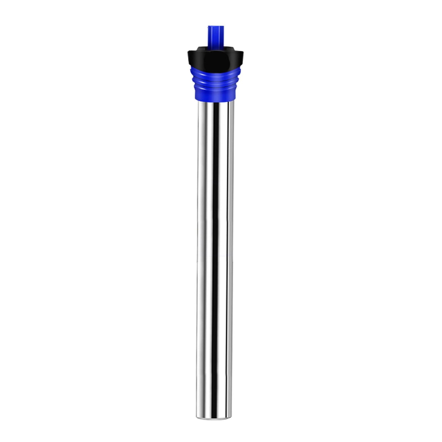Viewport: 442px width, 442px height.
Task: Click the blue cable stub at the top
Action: [x=216, y=36]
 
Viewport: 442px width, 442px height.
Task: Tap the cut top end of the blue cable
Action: [x=216, y=27]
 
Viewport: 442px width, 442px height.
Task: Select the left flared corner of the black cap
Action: [x=189, y=52]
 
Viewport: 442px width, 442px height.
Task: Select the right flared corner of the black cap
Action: [x=243, y=52]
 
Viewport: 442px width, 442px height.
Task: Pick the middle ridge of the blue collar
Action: [x=215, y=81]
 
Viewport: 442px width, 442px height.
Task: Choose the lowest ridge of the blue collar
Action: [x=215, y=86]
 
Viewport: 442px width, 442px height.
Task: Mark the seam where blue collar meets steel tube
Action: [x=215, y=101]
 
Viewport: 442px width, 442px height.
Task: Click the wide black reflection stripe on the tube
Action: [x=215, y=221]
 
